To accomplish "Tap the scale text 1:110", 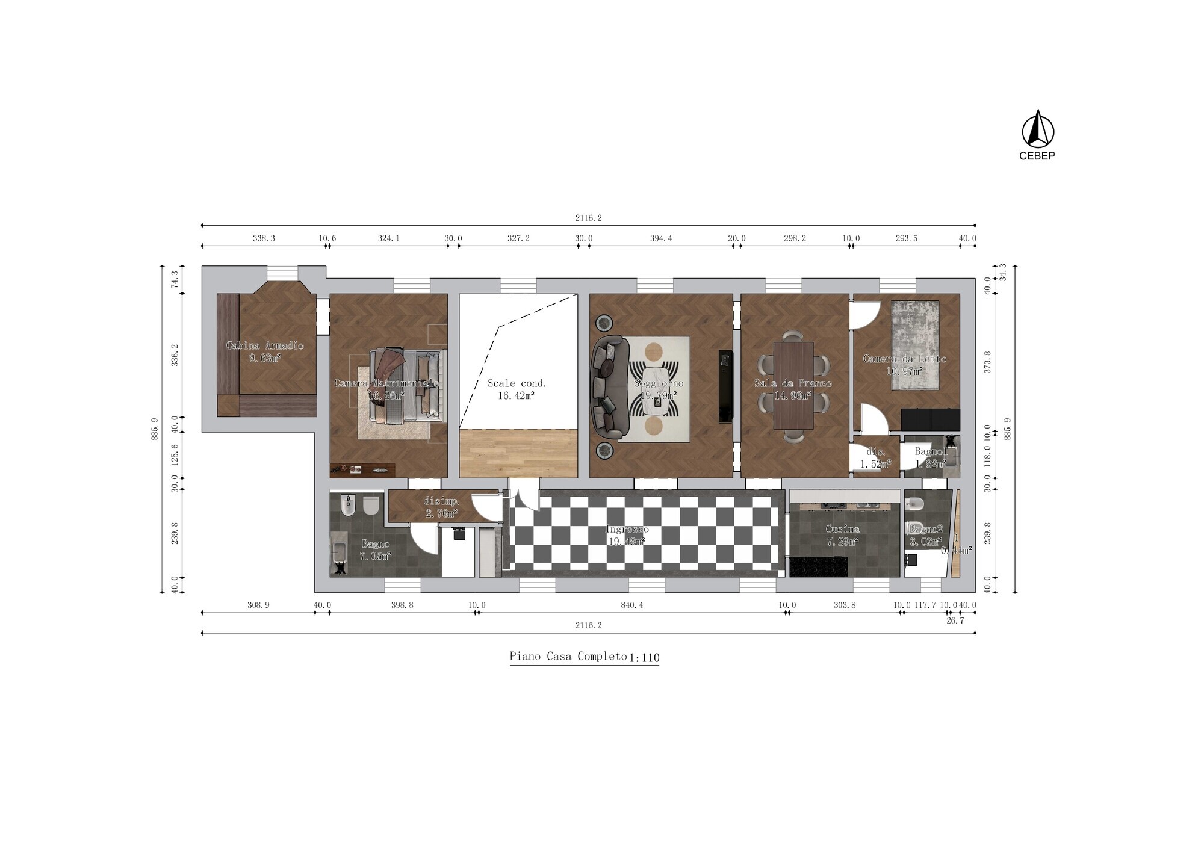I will point(644,658).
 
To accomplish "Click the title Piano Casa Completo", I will point(568,656).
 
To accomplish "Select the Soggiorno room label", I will point(659,383).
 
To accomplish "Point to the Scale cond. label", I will point(517,383).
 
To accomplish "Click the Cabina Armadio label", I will point(265,345).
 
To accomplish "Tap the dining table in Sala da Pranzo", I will point(793,385).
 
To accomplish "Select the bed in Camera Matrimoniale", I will point(409,385).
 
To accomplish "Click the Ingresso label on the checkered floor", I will point(627,530).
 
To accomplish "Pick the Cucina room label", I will point(843,529).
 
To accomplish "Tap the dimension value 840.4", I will point(631,605).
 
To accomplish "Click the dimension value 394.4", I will point(660,238).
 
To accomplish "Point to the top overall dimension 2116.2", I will point(588,218).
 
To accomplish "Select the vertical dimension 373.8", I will point(987,362).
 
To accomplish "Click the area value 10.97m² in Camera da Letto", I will point(904,371).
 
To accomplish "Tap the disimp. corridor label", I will point(442,501).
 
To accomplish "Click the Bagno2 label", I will point(925,529).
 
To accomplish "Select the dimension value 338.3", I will point(264,238).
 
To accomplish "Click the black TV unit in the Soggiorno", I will point(725,385).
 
